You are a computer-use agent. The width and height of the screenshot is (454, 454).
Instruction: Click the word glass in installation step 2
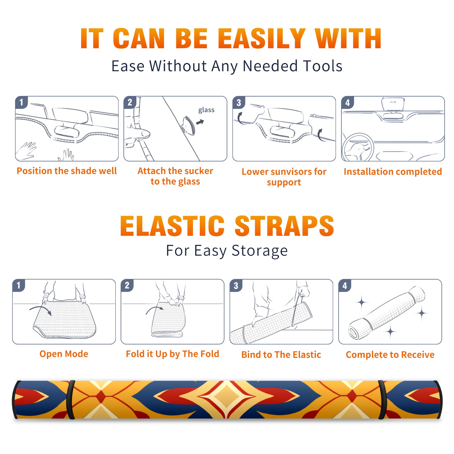206,110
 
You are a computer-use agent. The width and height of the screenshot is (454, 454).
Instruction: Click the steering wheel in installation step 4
358,147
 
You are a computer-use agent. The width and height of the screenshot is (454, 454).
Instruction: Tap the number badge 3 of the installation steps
239,103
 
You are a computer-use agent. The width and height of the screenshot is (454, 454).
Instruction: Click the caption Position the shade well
67,171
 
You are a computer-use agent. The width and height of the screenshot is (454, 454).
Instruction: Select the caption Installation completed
393,172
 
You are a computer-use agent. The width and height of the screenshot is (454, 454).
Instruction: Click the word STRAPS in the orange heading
284,226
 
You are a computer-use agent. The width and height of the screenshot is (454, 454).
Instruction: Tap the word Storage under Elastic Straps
260,251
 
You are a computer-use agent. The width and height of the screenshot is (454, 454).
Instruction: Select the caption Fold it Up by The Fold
173,354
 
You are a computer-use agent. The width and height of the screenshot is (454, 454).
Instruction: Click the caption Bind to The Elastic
281,355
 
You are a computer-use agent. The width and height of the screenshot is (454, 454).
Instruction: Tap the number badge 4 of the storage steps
345,286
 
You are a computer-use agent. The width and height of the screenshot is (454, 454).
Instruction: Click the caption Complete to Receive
390,355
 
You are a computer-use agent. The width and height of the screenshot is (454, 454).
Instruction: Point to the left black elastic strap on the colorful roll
71,400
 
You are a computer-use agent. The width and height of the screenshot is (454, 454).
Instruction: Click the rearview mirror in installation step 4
393,104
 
